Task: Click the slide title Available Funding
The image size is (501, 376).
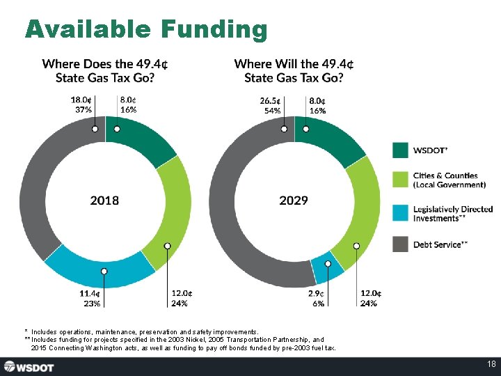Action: point(146,29)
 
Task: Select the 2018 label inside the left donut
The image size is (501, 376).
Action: point(104,201)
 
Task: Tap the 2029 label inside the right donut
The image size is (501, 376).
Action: point(294,201)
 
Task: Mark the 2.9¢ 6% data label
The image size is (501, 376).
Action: point(317,298)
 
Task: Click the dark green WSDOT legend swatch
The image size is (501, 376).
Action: point(400,150)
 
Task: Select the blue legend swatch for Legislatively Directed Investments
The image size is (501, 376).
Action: point(400,213)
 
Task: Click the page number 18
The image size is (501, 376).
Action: point(491,366)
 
